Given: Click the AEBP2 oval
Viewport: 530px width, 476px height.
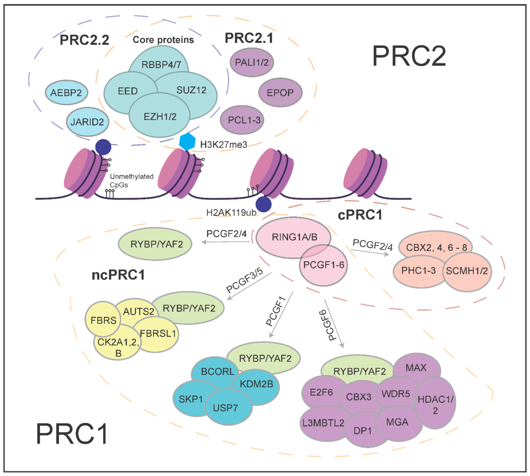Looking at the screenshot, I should click(x=66, y=93).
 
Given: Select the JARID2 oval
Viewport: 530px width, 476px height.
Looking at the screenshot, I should click(x=87, y=122).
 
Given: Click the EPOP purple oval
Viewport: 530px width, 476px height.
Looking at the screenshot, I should click(x=280, y=93).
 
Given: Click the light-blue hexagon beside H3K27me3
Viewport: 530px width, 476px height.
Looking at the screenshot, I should click(x=187, y=142).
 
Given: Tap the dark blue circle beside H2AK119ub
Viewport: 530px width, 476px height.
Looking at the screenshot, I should click(x=263, y=204).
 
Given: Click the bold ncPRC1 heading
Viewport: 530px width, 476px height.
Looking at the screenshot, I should click(x=118, y=275).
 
